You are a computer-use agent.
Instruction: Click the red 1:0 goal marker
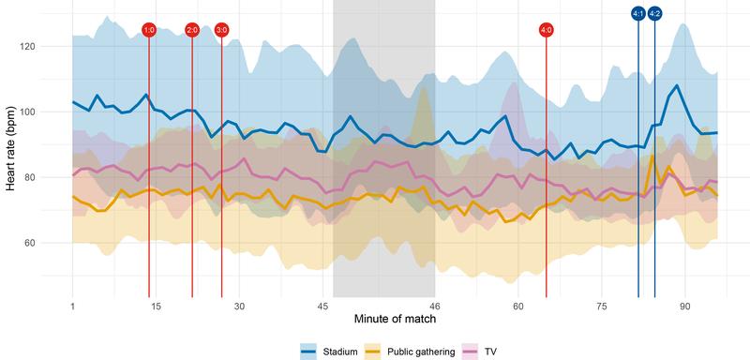(x=148, y=30)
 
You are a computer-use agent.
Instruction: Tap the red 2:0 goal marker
(x=192, y=30)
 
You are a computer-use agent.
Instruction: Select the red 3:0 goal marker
(x=221, y=30)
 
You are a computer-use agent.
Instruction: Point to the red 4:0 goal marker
(x=547, y=30)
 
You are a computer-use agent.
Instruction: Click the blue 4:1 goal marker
(x=638, y=13)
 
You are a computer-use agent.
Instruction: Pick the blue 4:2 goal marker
(x=654, y=13)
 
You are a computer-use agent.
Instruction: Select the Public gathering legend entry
(x=412, y=352)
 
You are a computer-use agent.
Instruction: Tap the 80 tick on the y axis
(x=52, y=177)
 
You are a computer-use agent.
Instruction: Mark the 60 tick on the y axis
(x=52, y=243)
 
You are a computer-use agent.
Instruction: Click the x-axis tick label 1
(x=72, y=306)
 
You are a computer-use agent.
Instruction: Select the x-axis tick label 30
(x=239, y=306)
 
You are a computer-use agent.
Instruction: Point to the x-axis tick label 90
(x=684, y=306)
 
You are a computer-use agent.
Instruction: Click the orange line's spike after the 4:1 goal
(x=652, y=156)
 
